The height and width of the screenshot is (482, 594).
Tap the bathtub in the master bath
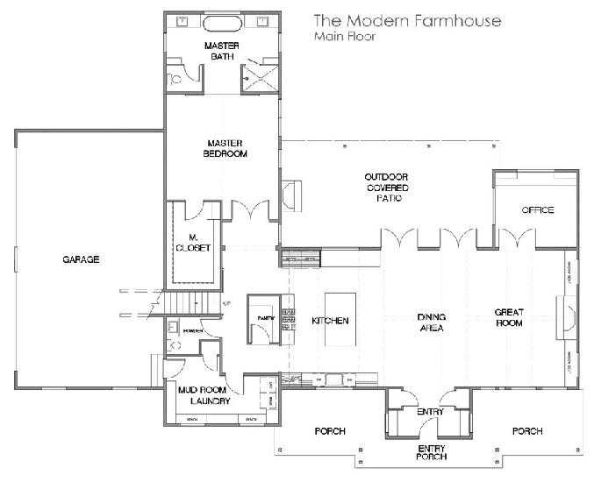222,21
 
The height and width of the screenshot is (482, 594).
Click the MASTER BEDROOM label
225,147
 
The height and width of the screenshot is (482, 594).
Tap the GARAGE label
81,259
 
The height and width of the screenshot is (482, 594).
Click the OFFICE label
537,210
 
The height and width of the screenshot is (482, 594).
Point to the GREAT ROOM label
509,317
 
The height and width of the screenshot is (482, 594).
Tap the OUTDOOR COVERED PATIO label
387,188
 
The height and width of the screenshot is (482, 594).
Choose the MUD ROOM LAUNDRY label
211,396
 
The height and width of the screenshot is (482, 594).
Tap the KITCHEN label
330,321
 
